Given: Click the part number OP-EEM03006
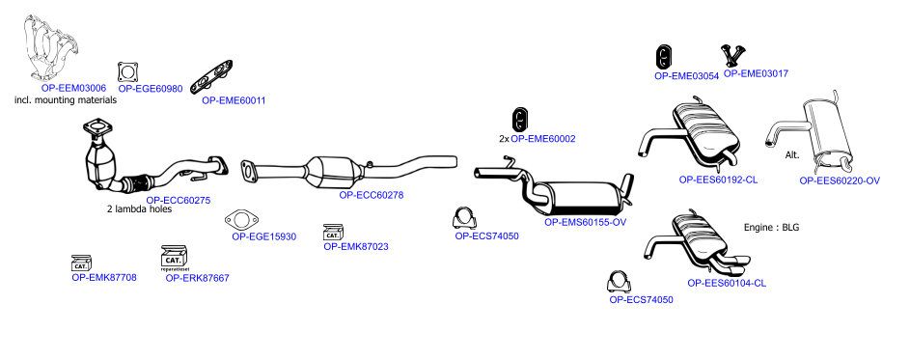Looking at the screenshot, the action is (73, 88).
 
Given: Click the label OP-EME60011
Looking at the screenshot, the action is (234, 100).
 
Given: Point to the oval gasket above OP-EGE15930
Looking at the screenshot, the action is (241, 221).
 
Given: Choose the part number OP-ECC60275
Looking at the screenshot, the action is (179, 201).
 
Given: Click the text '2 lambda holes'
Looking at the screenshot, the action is (139, 209).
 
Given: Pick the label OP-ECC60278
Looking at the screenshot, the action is (371, 195).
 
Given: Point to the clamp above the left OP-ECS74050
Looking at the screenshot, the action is (465, 219).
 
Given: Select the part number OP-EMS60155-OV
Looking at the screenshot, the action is (585, 222).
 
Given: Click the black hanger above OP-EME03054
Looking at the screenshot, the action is (664, 57).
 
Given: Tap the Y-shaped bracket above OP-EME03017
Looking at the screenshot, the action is (732, 55).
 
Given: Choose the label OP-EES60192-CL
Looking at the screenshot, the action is (718, 180).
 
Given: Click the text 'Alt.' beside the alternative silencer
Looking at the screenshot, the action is (792, 155).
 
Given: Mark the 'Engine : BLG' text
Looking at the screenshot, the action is (771, 228).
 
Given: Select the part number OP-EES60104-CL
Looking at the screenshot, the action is (727, 284).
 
